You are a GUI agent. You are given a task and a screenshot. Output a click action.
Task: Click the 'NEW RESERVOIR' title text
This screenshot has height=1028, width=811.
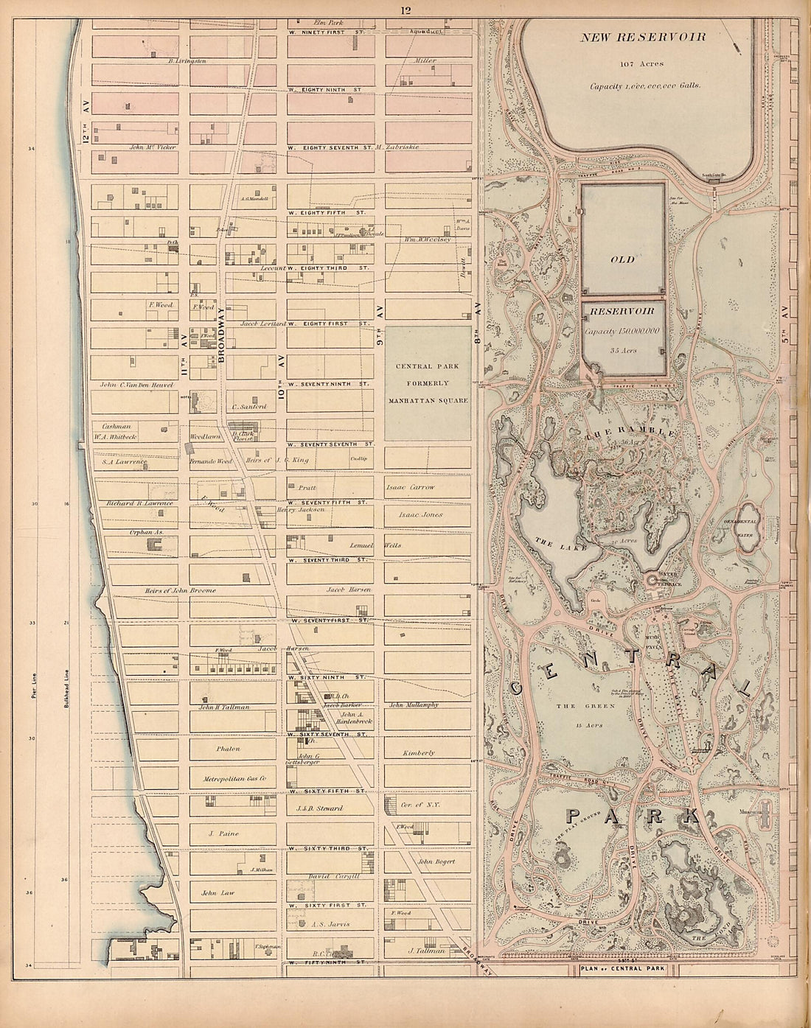tap(643, 36)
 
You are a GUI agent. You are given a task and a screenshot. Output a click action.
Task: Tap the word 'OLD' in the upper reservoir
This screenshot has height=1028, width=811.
tap(623, 260)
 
